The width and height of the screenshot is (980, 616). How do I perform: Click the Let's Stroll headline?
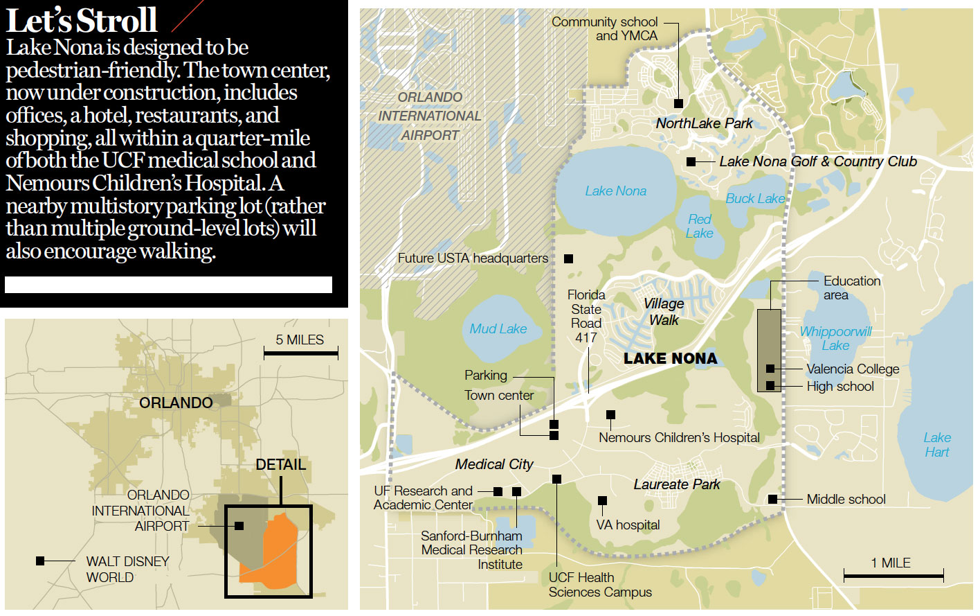[x=82, y=20]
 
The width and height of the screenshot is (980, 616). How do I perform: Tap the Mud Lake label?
[x=498, y=329]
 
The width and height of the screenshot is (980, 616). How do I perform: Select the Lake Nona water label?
[x=615, y=191]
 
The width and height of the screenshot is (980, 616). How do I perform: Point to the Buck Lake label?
[x=755, y=199]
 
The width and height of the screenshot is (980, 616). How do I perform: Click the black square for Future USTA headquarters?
[x=568, y=258]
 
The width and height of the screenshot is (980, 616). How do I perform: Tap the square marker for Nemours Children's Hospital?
[x=610, y=415]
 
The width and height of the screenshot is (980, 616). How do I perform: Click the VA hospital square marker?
[x=602, y=500]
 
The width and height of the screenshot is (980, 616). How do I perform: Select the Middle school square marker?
[x=772, y=499]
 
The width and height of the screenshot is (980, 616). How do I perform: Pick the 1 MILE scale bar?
[x=893, y=575]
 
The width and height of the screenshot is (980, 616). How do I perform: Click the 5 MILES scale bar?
[x=300, y=353]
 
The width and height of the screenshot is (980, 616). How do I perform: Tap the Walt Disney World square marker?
[x=40, y=561]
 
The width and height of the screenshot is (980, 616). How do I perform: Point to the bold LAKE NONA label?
[x=670, y=358]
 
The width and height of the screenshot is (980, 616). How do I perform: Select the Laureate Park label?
[x=676, y=484]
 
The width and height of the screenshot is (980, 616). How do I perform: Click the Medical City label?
[x=494, y=464]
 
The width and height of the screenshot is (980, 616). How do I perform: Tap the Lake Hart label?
[x=937, y=445]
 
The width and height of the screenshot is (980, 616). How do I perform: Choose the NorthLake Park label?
[x=704, y=123]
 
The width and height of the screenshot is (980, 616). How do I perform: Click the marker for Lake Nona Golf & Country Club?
[x=691, y=161]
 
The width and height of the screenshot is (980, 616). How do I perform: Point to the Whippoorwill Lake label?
[x=835, y=338]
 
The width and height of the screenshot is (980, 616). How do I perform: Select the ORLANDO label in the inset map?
[x=176, y=403]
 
